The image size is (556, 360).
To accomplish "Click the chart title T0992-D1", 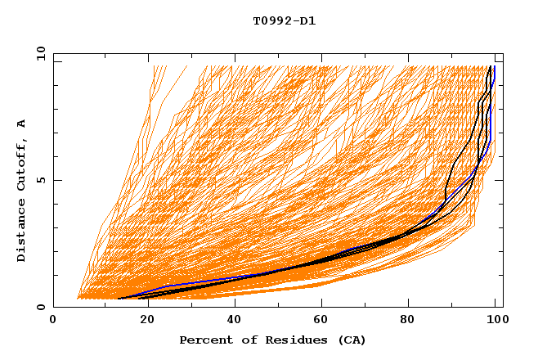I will pos(284,21).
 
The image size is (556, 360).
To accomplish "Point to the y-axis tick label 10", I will pos(40,53).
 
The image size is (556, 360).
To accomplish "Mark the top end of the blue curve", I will pos(494,66).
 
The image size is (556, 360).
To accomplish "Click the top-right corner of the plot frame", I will pos(503,54).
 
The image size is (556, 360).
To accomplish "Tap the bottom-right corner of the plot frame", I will pos(503,307).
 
